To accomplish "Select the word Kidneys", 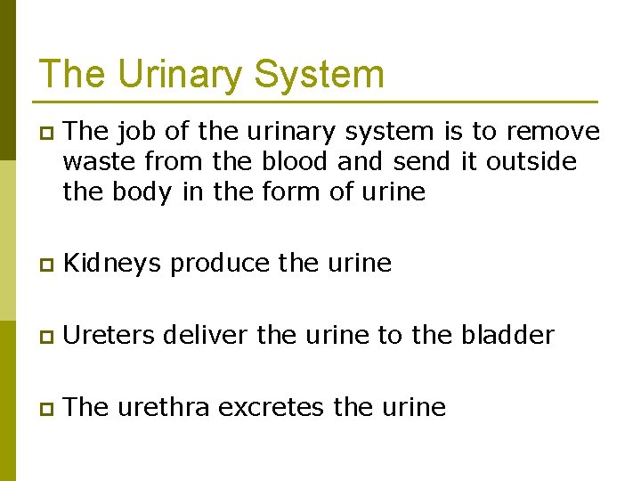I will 112,264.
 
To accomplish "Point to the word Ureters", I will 110,335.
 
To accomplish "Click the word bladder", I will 507,335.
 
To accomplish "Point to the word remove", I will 553,132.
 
